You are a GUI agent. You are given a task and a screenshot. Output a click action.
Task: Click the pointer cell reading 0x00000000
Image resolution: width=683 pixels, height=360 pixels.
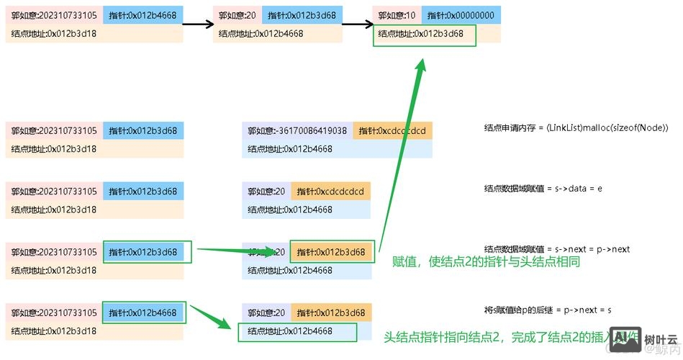(461, 14)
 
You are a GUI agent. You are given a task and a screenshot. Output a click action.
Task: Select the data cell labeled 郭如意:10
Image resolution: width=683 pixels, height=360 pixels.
(397, 14)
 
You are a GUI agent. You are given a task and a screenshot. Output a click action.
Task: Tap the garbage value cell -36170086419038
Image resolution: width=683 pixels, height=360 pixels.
(297, 131)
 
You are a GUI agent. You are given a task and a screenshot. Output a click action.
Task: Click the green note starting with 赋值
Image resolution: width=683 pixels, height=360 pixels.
(486, 263)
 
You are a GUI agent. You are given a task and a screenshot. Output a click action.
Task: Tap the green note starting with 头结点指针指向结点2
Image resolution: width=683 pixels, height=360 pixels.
(497, 336)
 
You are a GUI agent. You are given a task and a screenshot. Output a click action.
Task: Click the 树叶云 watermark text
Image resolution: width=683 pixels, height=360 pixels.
(661, 339)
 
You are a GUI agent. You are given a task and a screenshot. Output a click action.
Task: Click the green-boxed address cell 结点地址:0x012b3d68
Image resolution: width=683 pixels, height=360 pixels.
(425, 34)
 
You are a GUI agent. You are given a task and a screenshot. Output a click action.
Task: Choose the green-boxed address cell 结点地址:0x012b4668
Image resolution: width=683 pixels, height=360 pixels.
(297, 332)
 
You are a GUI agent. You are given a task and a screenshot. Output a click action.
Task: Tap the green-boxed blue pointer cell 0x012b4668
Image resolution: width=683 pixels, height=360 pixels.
(144, 312)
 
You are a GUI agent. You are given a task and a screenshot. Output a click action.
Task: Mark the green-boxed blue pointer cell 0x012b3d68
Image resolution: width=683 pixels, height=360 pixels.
(148, 252)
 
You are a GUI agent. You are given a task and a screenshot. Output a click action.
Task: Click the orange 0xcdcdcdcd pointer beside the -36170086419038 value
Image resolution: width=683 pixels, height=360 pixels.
(392, 131)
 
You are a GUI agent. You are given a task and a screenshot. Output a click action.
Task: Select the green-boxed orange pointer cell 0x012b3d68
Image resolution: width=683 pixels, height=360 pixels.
(332, 252)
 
